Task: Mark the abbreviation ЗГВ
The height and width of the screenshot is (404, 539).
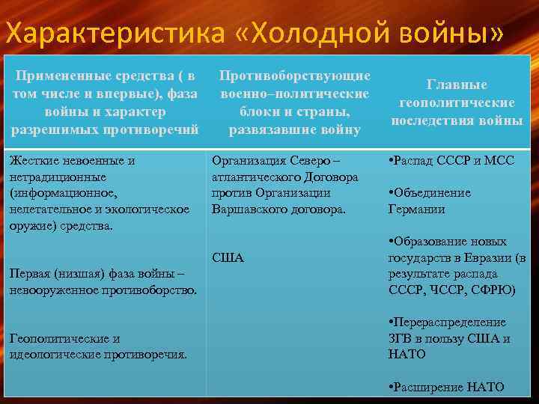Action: click(x=401, y=338)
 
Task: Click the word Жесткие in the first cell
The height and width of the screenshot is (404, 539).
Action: click(x=29, y=160)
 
